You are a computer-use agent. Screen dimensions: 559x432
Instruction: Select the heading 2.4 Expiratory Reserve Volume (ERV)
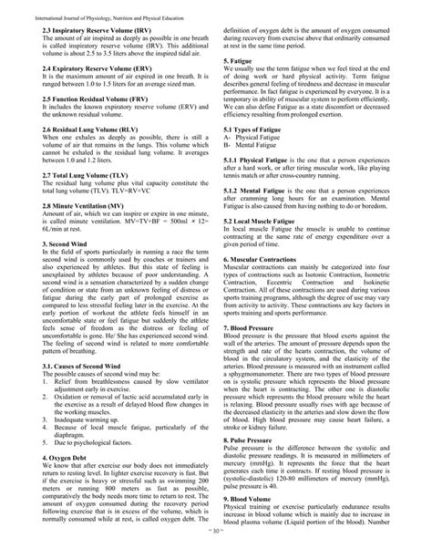point(88,67)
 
